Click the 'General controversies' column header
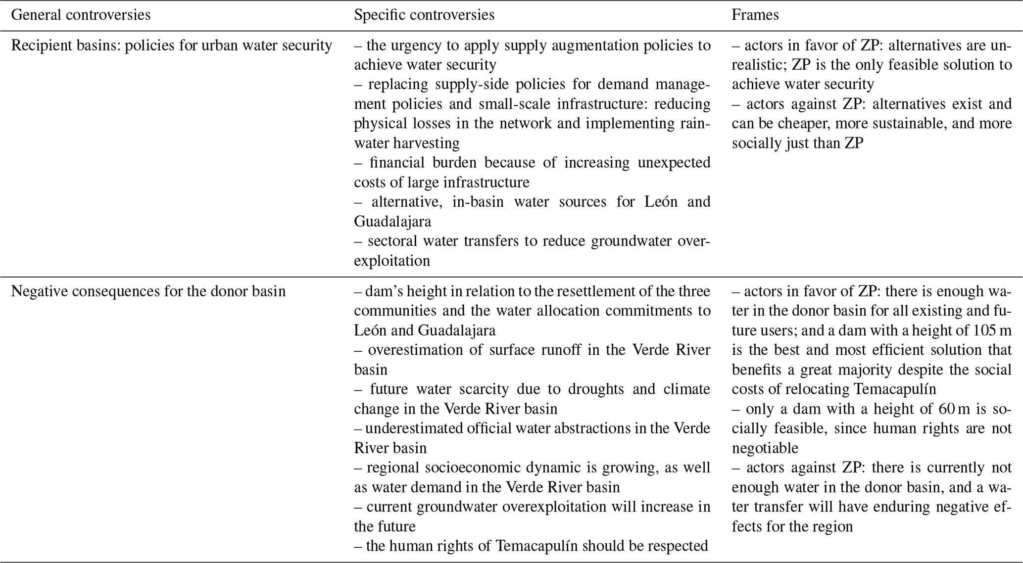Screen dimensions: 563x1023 tap(81, 15)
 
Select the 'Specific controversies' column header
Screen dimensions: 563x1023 tap(424, 15)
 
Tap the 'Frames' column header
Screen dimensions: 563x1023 tap(755, 15)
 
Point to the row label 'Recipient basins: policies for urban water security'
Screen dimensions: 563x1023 tap(171, 46)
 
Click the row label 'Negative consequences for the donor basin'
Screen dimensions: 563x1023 tap(148, 291)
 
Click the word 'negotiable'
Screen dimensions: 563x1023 tap(765, 448)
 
